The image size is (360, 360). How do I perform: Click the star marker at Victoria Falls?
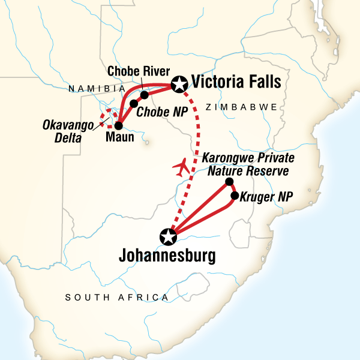[178, 85]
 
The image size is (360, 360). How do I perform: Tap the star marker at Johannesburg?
[168, 236]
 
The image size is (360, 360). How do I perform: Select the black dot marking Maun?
[118, 127]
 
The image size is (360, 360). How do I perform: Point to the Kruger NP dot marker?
[235, 196]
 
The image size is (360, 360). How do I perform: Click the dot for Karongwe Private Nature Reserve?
[229, 181]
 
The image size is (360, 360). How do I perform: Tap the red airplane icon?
[181, 166]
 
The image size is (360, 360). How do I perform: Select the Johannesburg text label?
[169, 257]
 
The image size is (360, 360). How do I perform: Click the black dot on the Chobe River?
[145, 95]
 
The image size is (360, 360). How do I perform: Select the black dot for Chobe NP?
[134, 103]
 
